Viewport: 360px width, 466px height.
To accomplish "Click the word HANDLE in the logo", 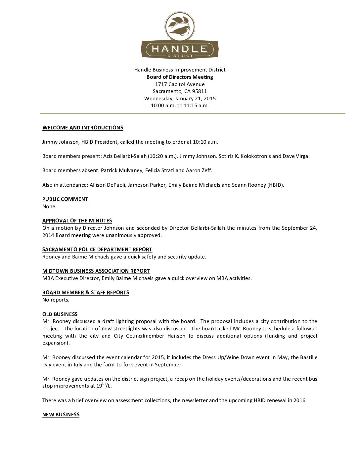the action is [x=180, y=49].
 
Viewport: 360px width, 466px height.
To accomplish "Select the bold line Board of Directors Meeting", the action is [x=180, y=77].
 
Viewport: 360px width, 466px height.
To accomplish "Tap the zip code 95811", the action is [x=200, y=91].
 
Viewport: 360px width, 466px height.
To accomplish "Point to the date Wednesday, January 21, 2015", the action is [x=180, y=99].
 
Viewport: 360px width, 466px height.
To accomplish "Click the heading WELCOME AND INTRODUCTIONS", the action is [x=83, y=128].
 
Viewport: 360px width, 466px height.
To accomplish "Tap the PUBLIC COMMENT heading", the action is [x=65, y=199].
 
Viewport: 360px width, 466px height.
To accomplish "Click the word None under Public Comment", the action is [x=49, y=207].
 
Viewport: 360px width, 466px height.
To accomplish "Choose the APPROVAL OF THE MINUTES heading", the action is [x=77, y=221].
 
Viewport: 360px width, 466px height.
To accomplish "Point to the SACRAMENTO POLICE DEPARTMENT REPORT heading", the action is [x=97, y=250].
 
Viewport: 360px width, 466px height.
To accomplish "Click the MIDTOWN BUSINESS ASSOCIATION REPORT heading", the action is [x=96, y=271].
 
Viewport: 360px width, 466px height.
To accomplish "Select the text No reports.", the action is [x=56, y=300].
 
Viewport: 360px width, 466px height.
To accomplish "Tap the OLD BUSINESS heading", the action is [x=60, y=314].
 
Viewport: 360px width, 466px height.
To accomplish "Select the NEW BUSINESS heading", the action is [x=61, y=415].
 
